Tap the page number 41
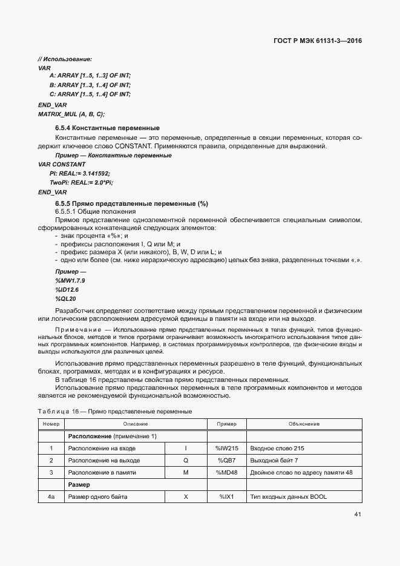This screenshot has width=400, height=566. [358, 515]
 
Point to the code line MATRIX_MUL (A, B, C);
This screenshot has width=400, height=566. [71, 114]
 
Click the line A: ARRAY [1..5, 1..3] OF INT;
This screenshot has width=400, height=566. [90, 75]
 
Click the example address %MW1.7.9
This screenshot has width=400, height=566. [70, 281]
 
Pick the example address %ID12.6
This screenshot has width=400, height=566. [67, 290]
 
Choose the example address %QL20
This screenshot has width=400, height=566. [65, 299]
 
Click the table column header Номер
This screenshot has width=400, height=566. [51, 424]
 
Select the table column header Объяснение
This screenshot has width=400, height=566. [304, 424]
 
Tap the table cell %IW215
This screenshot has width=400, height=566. [227, 449]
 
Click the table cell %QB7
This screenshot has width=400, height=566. [227, 461]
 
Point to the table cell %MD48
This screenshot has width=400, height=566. [227, 473]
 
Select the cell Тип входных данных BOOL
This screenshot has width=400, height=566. [288, 497]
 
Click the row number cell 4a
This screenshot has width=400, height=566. [51, 497]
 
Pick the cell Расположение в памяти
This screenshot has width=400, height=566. [101, 473]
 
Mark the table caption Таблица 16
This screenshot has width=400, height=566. [59, 412]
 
